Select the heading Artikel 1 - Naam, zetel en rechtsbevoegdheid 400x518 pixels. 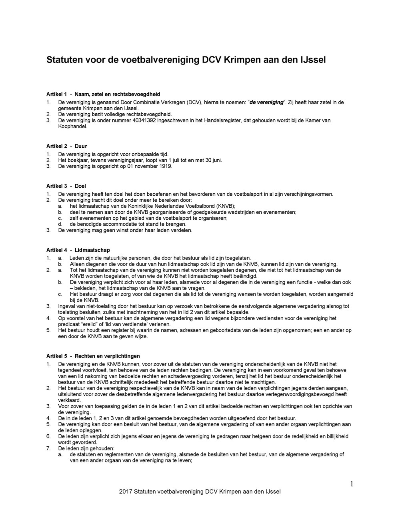tap(103, 94)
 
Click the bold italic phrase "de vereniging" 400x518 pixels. tap(266, 102)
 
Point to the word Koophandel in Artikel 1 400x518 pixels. tap(72, 126)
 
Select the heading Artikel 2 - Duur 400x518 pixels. tap(66, 147)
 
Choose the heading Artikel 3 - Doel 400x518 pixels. tap(66, 187)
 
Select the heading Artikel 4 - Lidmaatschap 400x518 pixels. tap(78, 251)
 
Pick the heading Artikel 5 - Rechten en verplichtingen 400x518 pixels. tap(93, 356)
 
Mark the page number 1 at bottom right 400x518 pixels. tap(352, 484)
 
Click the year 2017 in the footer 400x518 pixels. tap(126, 492)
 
